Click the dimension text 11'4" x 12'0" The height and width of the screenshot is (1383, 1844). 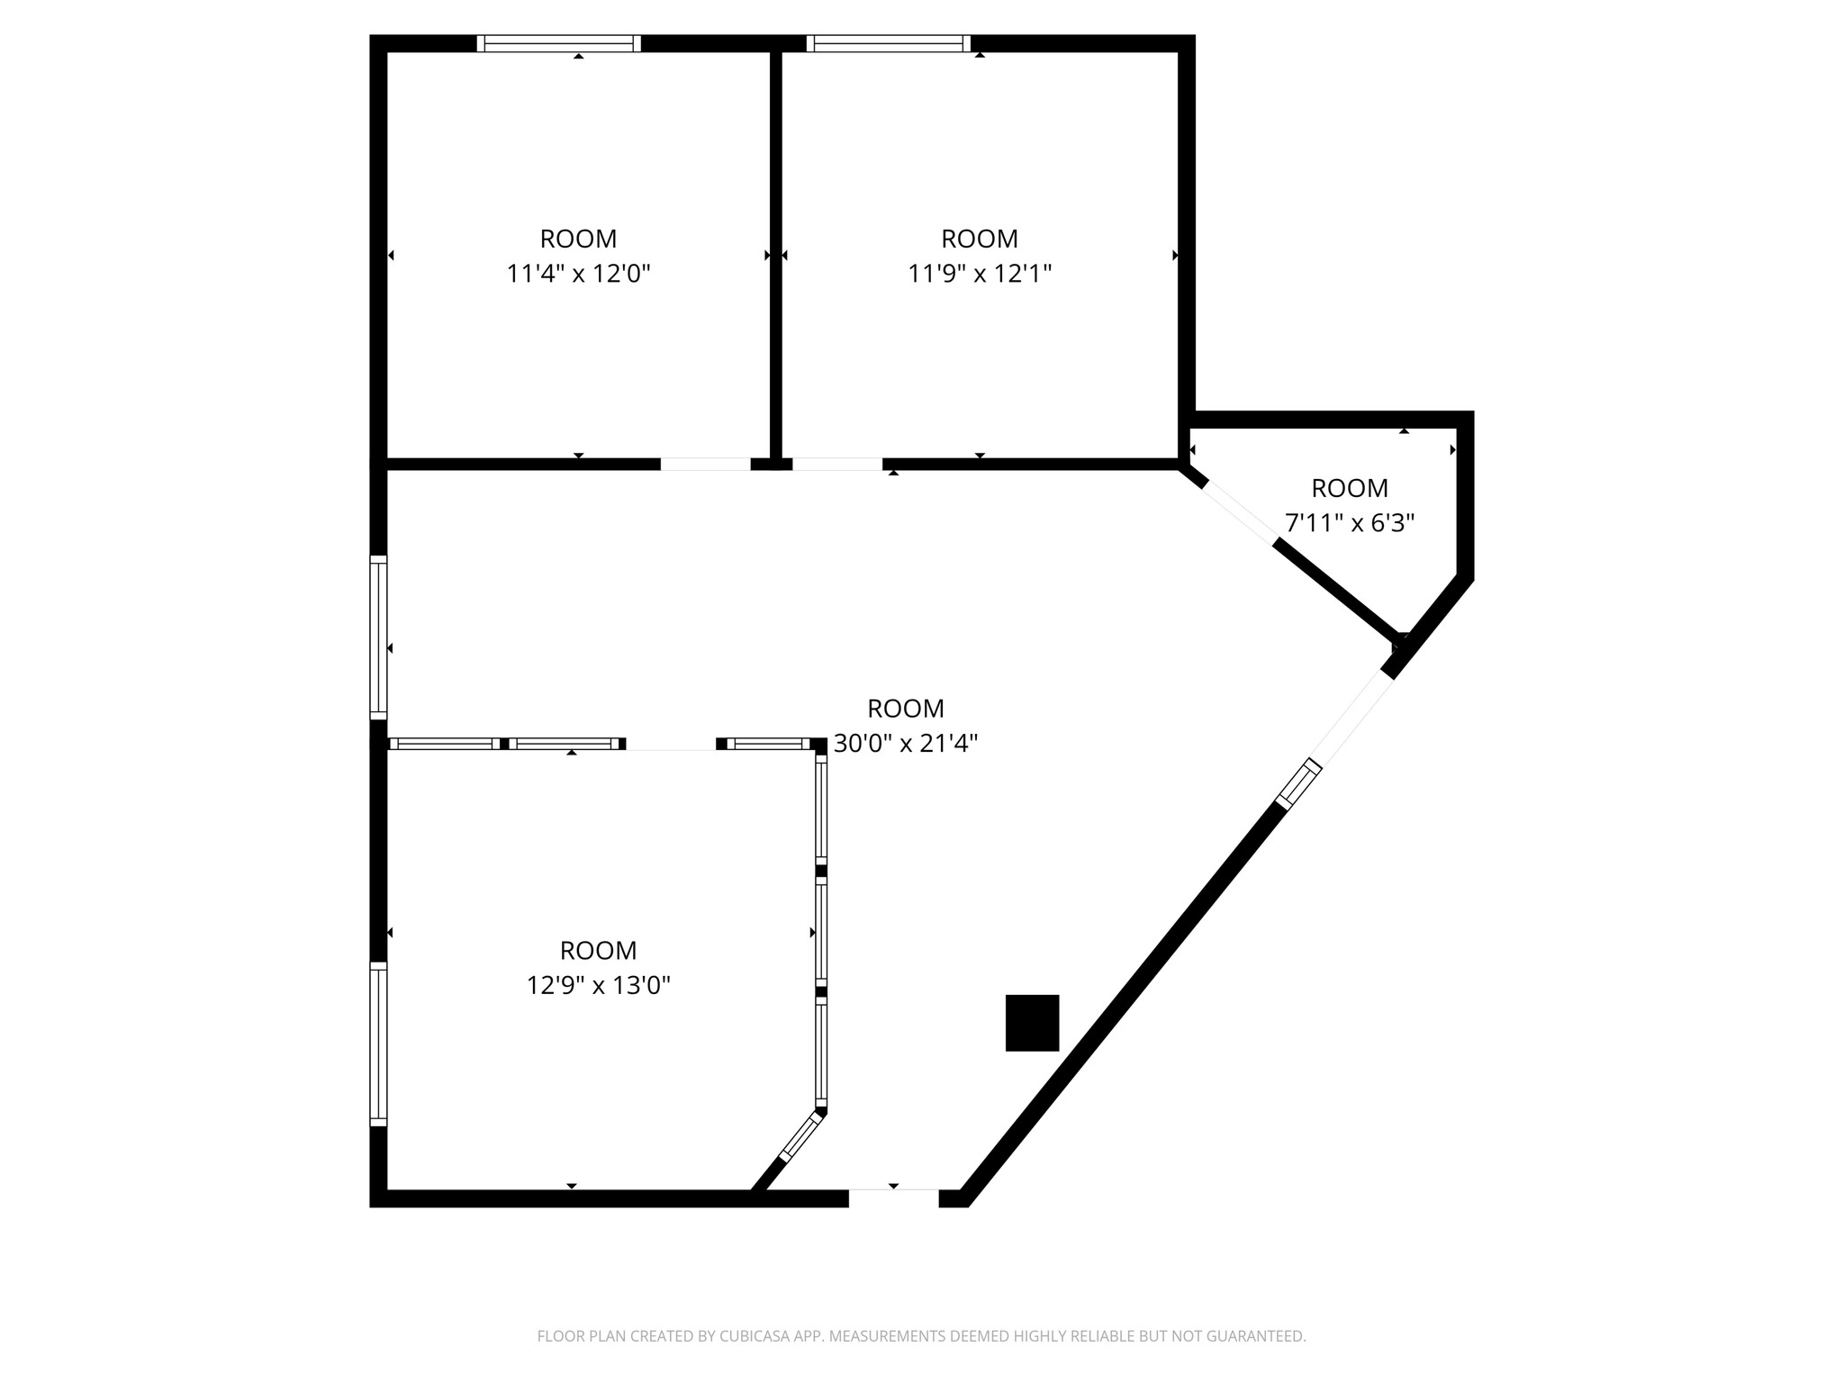click(x=578, y=273)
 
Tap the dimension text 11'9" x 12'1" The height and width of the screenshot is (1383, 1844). click(x=980, y=273)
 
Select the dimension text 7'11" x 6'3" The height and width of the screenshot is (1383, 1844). click(x=1350, y=522)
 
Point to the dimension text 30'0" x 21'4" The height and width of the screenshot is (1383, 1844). click(x=906, y=744)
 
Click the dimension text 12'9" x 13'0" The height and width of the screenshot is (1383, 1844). click(x=599, y=985)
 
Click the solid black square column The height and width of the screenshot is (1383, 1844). click(x=1032, y=1023)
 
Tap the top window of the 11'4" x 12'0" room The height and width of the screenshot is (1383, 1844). click(x=558, y=43)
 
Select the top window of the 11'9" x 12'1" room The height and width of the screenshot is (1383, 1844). click(x=889, y=43)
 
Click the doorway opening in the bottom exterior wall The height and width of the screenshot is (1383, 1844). click(x=893, y=1198)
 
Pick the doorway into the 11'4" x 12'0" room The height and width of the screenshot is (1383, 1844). click(x=705, y=465)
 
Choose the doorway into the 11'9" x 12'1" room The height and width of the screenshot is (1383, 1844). click(x=836, y=465)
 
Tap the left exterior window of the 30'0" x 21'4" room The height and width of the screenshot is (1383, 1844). click(x=378, y=637)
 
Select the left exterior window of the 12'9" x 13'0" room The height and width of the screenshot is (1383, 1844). click(x=378, y=1044)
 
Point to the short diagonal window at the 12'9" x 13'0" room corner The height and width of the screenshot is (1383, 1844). click(x=801, y=1137)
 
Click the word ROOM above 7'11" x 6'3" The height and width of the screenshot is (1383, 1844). click(x=1350, y=488)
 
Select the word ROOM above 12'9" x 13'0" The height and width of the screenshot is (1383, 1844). click(x=599, y=951)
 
